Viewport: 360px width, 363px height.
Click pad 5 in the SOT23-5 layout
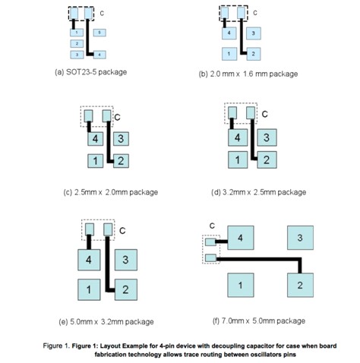[x=99, y=33]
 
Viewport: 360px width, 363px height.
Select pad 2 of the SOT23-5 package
[x=77, y=43]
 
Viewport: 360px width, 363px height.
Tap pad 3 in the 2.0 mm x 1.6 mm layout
[x=254, y=33]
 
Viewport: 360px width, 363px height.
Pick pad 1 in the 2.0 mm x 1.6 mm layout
[x=229, y=54]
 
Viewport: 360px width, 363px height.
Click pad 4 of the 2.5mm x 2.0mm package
[x=96, y=139]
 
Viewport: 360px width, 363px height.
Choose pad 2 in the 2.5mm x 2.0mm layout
[x=121, y=161]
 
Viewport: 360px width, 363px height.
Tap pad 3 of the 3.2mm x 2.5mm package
[x=267, y=137]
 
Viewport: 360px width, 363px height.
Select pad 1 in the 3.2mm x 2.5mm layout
[x=238, y=159]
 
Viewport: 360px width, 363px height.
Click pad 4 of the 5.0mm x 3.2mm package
[x=89, y=260]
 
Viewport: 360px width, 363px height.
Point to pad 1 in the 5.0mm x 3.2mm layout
[x=89, y=289]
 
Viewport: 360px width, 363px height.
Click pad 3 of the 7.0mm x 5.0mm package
[x=300, y=238]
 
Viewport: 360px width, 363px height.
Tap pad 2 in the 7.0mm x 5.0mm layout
[x=300, y=285]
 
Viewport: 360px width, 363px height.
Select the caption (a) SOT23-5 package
[x=91, y=72]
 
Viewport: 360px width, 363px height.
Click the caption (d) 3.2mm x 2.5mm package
[x=259, y=192]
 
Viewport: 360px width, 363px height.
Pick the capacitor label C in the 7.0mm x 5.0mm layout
[x=212, y=226]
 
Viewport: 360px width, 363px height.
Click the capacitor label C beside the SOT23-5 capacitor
[x=102, y=13]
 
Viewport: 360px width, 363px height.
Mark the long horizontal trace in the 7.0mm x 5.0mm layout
[x=258, y=259]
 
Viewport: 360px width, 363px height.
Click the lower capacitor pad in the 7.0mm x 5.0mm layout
[x=210, y=258]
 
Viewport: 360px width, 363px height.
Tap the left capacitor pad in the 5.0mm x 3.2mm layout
[x=90, y=229]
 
